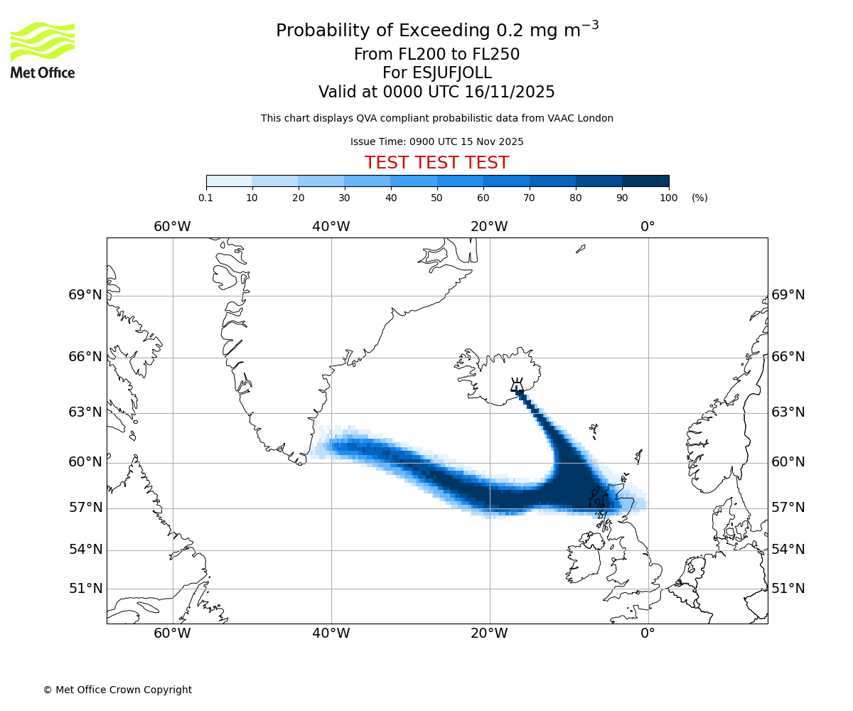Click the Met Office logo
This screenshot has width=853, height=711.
pyautogui.click(x=43, y=50)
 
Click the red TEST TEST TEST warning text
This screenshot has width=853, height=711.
pyautogui.click(x=436, y=163)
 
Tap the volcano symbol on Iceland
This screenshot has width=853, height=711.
pyautogui.click(x=517, y=386)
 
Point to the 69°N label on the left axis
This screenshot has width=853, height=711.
pyautogui.click(x=85, y=295)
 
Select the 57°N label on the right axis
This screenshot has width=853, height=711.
pyautogui.click(x=788, y=508)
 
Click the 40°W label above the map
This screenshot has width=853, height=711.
pyautogui.click(x=331, y=227)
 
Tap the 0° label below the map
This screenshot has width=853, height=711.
pyautogui.click(x=648, y=634)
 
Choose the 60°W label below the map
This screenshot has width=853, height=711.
pyautogui.click(x=172, y=634)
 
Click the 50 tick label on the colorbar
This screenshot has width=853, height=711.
pyautogui.click(x=436, y=198)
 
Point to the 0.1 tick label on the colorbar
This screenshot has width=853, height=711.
pyautogui.click(x=206, y=198)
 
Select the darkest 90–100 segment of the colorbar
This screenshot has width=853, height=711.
pyautogui.click(x=645, y=181)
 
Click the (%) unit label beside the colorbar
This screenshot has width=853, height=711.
pyautogui.click(x=699, y=198)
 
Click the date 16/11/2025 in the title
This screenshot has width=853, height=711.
pyautogui.click(x=510, y=92)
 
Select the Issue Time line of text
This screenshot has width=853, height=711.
pyautogui.click(x=436, y=141)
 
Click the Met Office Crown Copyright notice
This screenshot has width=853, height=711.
pyautogui.click(x=117, y=690)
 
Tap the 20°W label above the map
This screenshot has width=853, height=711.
pyautogui.click(x=489, y=227)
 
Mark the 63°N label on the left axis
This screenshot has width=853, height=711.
pyautogui.click(x=85, y=412)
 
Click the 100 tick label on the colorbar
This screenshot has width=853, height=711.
pyautogui.click(x=668, y=198)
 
